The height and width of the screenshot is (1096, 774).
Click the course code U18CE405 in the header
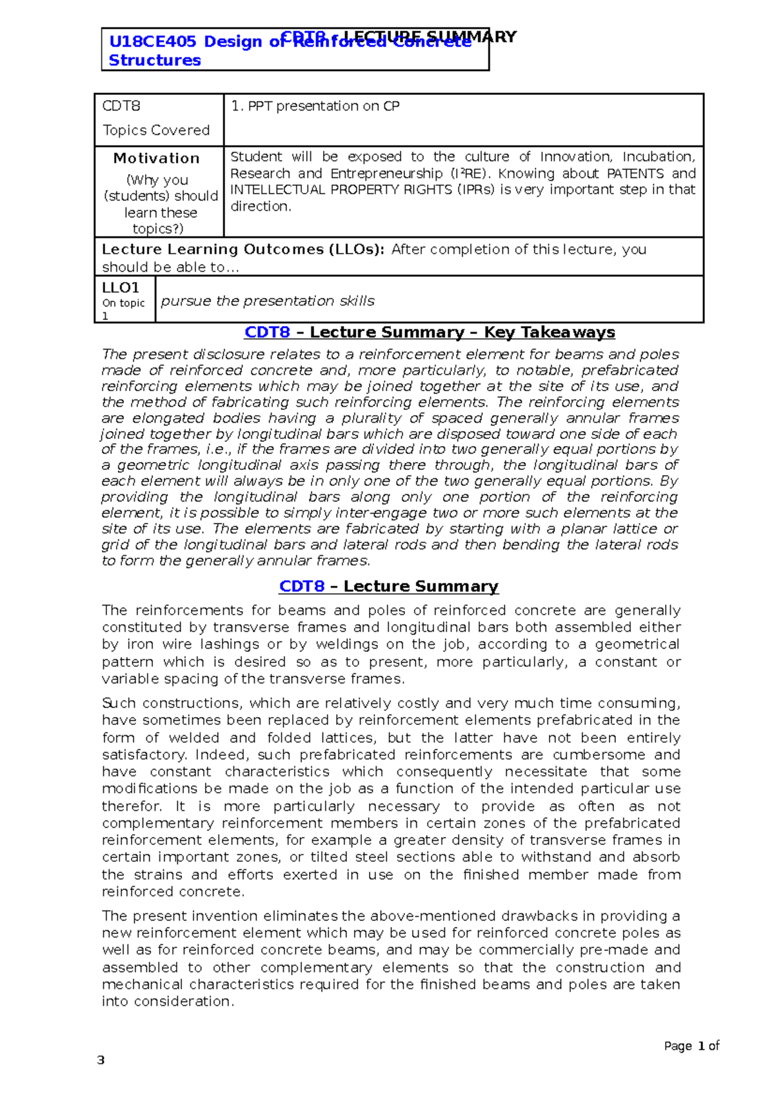pos(152,42)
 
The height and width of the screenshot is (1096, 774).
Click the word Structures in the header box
pos(155,61)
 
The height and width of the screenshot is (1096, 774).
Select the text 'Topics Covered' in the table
pos(156,130)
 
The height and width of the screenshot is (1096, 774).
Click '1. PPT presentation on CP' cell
pos(315,107)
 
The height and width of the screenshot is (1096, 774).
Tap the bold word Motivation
pos(156,159)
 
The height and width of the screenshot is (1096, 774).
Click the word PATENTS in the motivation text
pos(635,174)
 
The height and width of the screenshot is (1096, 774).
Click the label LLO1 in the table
pos(121,288)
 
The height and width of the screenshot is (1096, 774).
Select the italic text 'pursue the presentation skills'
pos(268,301)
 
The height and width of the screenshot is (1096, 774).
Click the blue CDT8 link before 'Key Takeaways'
pos(267,333)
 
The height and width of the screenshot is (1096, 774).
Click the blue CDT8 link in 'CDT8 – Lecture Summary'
pos(301,587)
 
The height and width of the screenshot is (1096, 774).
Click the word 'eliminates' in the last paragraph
pos(303,917)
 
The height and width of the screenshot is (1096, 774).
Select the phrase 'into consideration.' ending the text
pos(168,1002)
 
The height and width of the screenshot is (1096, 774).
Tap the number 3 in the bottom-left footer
pos(100,1060)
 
